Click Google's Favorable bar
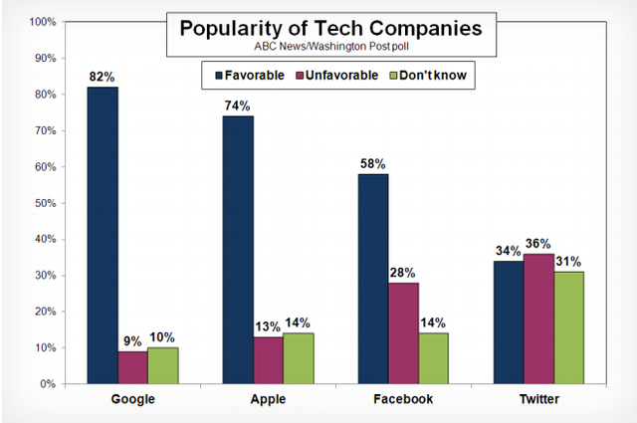tap(102, 235)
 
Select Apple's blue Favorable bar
tap(237, 250)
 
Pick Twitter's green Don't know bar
tap(569, 327)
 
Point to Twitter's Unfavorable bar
tap(538, 318)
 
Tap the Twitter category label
tap(538, 399)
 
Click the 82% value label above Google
tap(102, 77)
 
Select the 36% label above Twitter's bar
tap(538, 243)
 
